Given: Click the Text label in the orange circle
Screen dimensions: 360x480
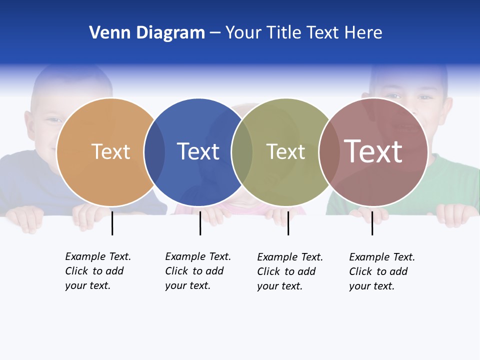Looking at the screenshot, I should point(110,151).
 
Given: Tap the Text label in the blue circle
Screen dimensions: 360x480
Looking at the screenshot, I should point(198,151).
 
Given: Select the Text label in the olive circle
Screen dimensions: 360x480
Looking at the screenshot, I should point(285,151).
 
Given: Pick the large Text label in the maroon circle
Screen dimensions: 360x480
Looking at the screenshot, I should point(373,151).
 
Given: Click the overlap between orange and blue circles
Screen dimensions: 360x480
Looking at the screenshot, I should point(154,152).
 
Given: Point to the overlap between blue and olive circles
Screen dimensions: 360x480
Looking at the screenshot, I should point(242,152).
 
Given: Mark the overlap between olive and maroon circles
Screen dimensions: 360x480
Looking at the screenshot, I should point(329,152).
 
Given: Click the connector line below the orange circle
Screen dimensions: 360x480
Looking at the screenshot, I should point(112,223).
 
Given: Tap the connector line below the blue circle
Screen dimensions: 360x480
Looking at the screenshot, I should point(200,223).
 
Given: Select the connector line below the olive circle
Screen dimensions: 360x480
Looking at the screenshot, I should point(288,223).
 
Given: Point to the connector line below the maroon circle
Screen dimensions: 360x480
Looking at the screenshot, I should point(372,223).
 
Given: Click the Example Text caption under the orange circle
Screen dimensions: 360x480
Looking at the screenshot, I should point(98,271).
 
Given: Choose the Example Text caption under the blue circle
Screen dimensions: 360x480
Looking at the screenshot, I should point(198,271).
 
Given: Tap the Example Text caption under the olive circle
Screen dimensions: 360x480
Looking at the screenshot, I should point(290,271).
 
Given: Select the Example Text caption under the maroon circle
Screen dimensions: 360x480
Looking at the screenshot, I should point(382,271).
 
